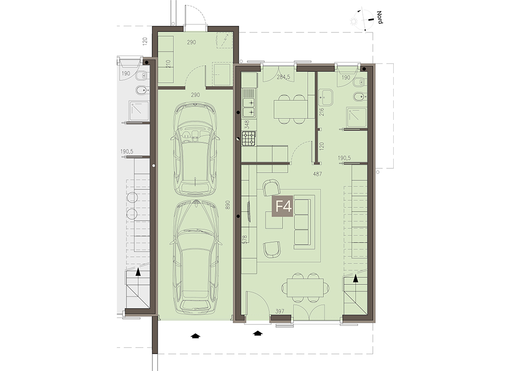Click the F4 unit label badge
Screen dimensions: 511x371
click(284, 206)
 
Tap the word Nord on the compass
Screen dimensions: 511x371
click(379, 17)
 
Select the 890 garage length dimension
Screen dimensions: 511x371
click(228, 205)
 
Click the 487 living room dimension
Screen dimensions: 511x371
click(317, 174)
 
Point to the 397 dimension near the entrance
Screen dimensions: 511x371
click(280, 312)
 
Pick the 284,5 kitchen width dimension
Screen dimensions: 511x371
click(283, 78)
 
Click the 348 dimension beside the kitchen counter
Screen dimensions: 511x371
click(246, 125)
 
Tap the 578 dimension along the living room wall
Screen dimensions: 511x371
click(245, 240)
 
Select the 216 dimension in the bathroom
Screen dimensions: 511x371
click(322, 112)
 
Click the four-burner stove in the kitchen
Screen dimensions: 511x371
click(249, 138)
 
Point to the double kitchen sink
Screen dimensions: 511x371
click(249, 103)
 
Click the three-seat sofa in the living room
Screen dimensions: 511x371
click(302, 224)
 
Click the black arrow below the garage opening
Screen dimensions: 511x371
click(195, 336)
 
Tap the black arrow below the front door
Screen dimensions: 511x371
click(258, 333)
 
